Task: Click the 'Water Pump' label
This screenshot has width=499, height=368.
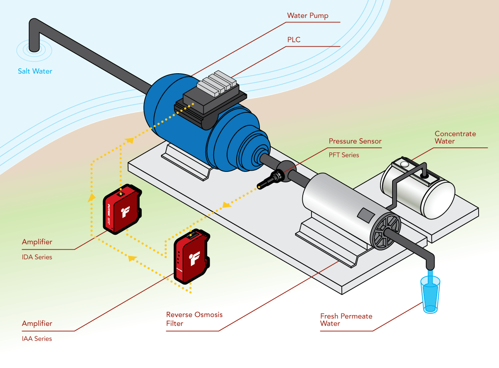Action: pyautogui.click(x=308, y=16)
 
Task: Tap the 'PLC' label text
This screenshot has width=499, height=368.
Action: pyautogui.click(x=294, y=40)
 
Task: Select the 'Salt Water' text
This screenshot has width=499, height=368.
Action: pyautogui.click(x=35, y=71)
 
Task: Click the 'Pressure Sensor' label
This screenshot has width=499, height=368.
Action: pyautogui.click(x=355, y=141)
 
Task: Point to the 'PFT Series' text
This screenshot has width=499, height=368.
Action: pyautogui.click(x=344, y=155)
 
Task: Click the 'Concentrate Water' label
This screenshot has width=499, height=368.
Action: pyautogui.click(x=455, y=137)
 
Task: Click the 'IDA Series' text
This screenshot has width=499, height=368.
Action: pyautogui.click(x=37, y=257)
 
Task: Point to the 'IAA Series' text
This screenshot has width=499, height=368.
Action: pyautogui.click(x=37, y=338)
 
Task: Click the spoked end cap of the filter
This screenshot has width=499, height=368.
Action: pyautogui.click(x=385, y=233)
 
